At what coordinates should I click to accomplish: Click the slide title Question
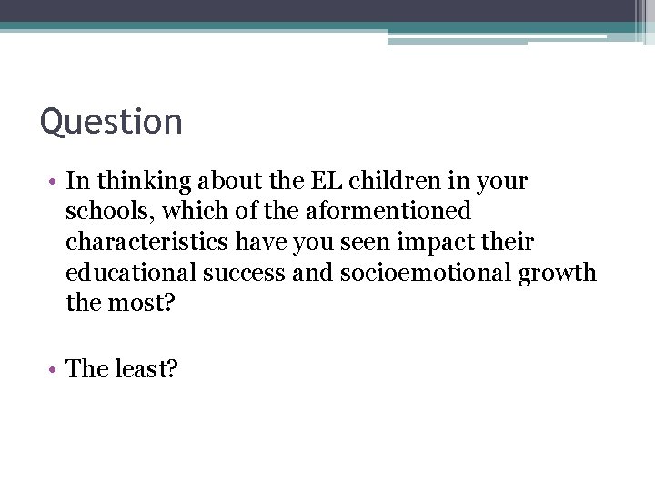111,122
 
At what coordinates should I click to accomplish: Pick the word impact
432,243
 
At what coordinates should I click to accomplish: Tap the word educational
130,273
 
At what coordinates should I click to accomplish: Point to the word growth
558,273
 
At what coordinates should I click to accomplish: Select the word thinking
134,181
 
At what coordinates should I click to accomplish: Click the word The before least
87,368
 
